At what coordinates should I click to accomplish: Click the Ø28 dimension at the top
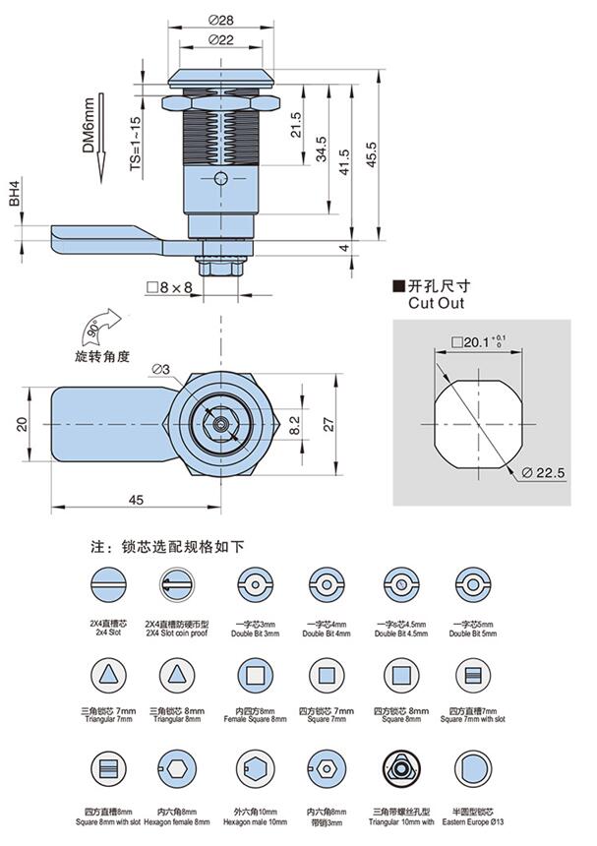219,21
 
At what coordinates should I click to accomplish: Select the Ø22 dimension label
219,39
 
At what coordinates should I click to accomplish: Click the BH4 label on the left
15,192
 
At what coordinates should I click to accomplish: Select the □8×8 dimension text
168,287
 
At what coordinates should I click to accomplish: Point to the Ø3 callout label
160,369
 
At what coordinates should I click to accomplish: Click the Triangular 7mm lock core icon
106,676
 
